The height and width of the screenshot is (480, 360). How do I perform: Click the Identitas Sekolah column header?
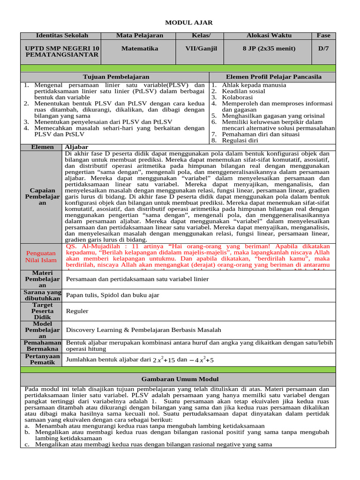(x=62, y=36)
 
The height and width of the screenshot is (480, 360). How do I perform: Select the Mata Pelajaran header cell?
(x=140, y=36)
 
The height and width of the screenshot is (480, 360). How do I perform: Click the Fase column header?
(x=323, y=36)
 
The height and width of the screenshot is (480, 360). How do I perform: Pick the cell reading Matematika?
(x=140, y=48)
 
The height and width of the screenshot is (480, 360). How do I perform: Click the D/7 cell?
(x=323, y=48)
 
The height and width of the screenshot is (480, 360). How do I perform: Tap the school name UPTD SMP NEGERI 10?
(x=62, y=48)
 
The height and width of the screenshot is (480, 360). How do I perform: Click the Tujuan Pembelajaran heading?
(x=116, y=76)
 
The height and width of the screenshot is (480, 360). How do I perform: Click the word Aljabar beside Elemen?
(x=76, y=147)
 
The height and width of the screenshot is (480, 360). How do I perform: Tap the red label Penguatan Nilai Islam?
(x=41, y=257)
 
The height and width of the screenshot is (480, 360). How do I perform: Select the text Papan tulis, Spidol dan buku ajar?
(x=112, y=295)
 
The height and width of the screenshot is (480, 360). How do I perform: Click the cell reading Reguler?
(x=77, y=311)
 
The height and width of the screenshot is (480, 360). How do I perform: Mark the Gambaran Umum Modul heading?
(x=180, y=379)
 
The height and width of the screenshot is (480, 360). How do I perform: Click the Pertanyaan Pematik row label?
(x=42, y=360)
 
